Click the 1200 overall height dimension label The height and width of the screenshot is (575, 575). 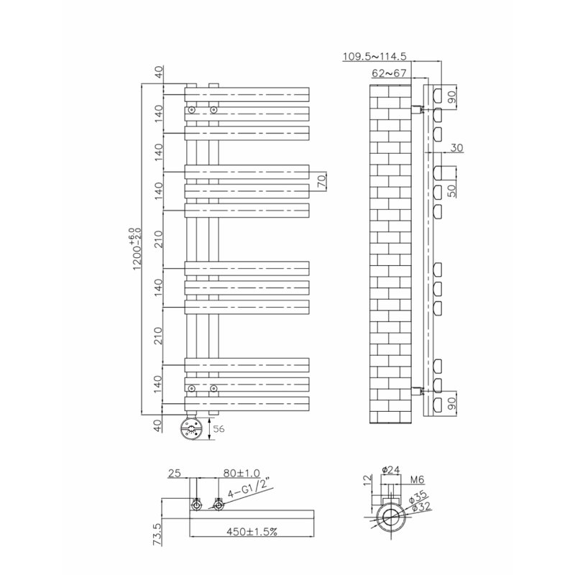137,249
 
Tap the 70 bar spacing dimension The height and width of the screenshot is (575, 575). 321,182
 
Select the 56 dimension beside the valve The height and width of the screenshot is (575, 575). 218,428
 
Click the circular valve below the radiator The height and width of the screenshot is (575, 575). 191,428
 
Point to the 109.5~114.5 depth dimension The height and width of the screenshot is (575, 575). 374,57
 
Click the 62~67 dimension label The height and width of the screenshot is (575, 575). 389,73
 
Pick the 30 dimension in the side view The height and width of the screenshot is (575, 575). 456,148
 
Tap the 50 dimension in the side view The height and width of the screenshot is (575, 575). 452,190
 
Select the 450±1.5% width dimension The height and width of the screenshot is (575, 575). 252,531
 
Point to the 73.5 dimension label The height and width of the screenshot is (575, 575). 157,534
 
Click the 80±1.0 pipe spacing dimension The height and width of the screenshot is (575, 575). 241,473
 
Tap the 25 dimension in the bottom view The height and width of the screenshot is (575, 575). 175,473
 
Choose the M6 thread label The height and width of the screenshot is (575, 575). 417,479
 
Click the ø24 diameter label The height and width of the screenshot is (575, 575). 390,470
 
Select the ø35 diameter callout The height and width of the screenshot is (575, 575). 418,497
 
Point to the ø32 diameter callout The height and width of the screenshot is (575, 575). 421,507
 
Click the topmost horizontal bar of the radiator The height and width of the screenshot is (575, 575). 247,95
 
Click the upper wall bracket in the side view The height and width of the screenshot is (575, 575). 418,109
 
